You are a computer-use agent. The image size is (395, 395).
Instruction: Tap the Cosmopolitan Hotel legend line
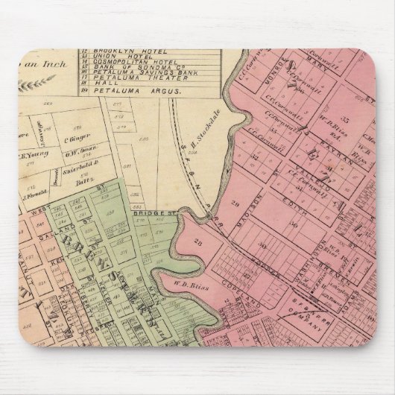pyautogui.click(x=127, y=63)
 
